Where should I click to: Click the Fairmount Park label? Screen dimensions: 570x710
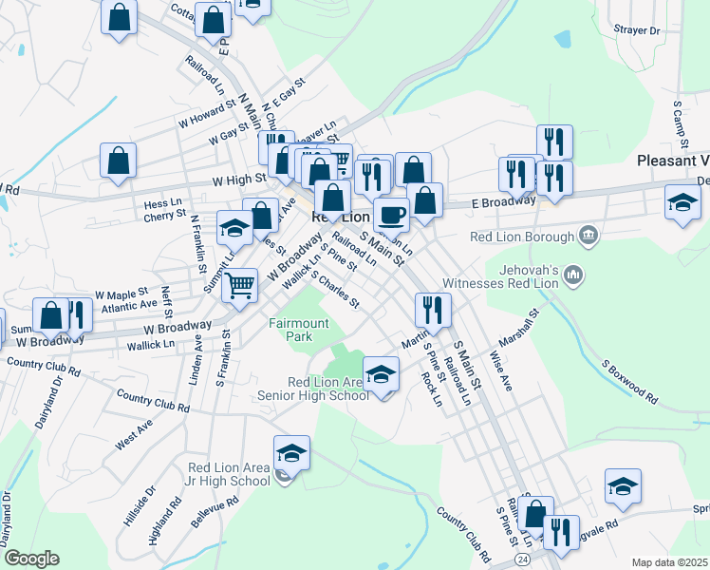pos(298,330)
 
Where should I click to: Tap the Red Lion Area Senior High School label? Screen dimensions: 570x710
pos(313,389)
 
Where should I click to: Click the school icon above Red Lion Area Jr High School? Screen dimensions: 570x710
pos(292,454)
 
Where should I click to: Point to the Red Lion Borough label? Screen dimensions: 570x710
pos(523,236)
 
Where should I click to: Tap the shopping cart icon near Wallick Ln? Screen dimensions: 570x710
pos(241,284)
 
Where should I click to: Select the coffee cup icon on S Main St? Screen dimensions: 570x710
pos(391,215)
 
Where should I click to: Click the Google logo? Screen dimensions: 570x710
pos(31,559)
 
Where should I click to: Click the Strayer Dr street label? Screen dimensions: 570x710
pos(636,30)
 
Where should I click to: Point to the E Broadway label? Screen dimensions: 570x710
pos(503,201)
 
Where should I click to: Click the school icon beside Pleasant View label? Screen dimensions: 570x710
pos(682,203)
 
